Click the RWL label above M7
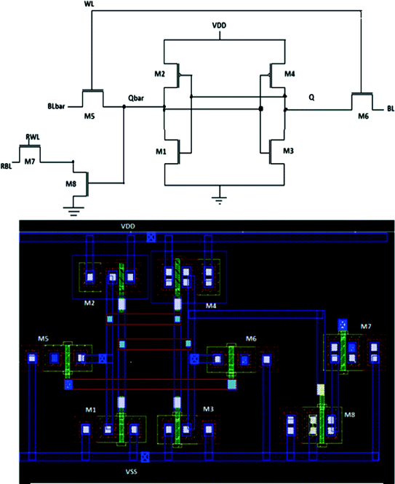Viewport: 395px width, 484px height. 33,137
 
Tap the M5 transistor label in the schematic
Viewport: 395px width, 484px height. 90,116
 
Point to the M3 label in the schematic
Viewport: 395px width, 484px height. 288,150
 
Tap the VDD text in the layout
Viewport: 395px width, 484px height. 128,227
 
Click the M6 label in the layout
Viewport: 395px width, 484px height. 250,338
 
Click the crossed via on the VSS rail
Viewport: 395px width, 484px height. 145,456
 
